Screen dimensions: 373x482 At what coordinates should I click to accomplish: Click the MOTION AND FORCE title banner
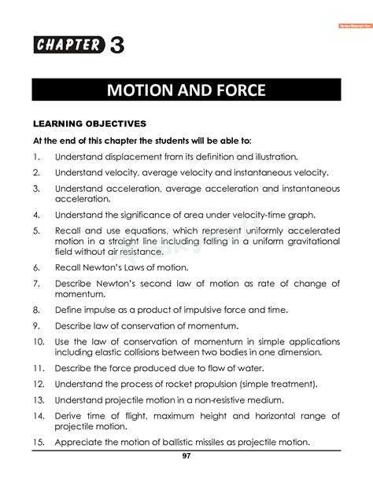[x=186, y=90]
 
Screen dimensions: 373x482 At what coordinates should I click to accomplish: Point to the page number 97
[x=186, y=457]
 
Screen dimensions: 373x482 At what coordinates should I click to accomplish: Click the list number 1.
[x=37, y=156]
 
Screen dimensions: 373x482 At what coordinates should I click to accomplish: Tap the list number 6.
[x=37, y=268]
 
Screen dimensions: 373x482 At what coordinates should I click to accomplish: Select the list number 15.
[x=39, y=442]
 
